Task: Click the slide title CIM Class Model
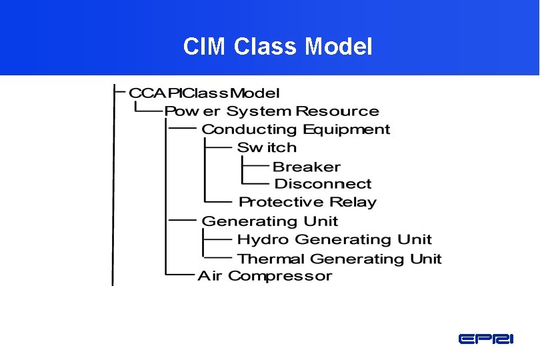pos(278,47)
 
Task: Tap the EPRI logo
pos(486,339)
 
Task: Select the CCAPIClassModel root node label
pos(204,93)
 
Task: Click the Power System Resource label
pos(271,111)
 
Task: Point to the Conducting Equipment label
pos(295,129)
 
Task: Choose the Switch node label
pos(267,147)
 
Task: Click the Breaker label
pos(307,167)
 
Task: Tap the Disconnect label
pos(323,184)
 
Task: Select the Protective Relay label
pos(307,202)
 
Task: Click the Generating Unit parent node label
pos(269,221)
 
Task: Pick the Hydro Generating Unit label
pos(334,239)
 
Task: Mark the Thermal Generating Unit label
pos(339,259)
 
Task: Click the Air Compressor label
pos(265,276)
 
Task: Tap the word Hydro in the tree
pos(263,239)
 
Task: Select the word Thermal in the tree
pos(271,259)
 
